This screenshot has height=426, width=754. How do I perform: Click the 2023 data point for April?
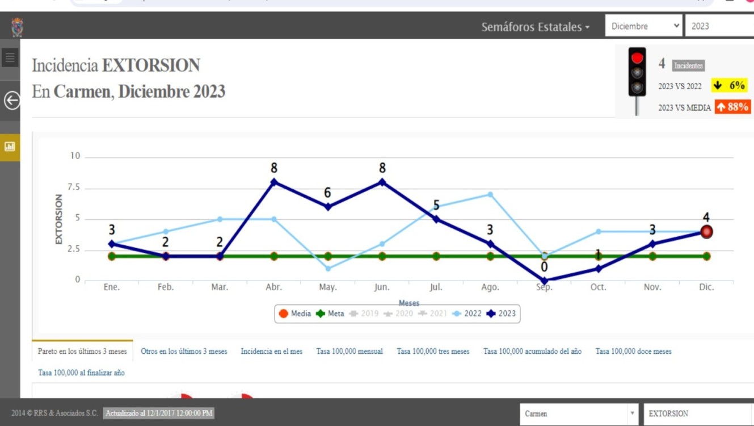click(274, 182)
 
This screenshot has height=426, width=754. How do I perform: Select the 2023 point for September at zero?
click(545, 281)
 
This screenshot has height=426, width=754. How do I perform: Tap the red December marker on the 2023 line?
click(706, 232)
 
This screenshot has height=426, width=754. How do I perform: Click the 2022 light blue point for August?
click(490, 195)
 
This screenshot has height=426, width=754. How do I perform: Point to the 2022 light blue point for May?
click(328, 269)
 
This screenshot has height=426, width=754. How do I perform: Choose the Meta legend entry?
click(330, 314)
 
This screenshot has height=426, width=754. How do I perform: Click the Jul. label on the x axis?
click(436, 287)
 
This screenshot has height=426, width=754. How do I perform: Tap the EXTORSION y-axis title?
click(59, 219)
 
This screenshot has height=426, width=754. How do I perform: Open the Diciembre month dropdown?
click(644, 26)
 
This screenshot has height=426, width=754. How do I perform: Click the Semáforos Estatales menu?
click(535, 27)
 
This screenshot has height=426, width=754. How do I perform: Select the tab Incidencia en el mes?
click(272, 352)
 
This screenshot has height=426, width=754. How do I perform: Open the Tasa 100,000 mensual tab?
click(349, 352)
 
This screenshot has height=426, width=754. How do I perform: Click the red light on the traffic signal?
click(637, 58)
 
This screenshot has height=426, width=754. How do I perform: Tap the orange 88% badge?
click(732, 107)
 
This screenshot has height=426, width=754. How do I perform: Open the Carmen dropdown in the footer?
click(578, 414)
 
